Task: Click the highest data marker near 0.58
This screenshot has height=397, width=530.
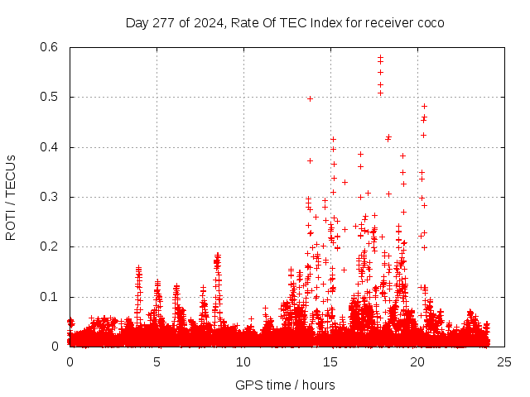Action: (380, 57)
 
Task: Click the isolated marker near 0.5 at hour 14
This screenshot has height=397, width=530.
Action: (310, 98)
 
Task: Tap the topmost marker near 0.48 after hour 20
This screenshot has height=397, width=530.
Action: (424, 106)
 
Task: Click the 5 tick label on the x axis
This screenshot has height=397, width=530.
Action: (157, 362)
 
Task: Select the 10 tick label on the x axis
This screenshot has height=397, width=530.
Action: (243, 362)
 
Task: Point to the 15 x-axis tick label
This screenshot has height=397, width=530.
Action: (330, 362)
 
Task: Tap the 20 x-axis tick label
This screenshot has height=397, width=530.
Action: (417, 362)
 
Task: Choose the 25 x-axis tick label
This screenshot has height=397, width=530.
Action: (504, 362)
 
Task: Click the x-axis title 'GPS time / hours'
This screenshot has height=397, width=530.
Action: (285, 385)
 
